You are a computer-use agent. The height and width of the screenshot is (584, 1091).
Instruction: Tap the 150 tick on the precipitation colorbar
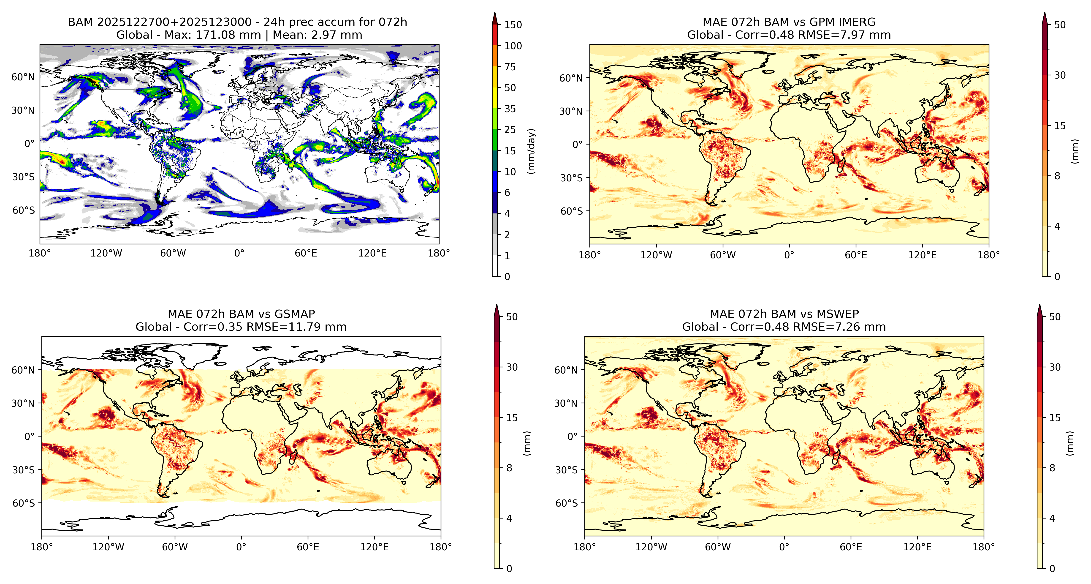coord(513,25)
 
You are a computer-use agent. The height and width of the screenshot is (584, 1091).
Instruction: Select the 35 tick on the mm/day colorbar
coord(510,109)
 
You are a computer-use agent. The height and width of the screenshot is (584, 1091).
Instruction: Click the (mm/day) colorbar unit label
coord(531,151)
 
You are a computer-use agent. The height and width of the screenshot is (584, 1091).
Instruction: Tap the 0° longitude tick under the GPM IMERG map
coord(789,255)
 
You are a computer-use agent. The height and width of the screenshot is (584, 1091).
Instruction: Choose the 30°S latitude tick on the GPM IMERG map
coord(572,178)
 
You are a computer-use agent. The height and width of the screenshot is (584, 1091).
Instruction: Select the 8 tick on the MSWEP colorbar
coord(1052,468)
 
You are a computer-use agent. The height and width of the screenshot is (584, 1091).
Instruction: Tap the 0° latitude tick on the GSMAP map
coord(30,437)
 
